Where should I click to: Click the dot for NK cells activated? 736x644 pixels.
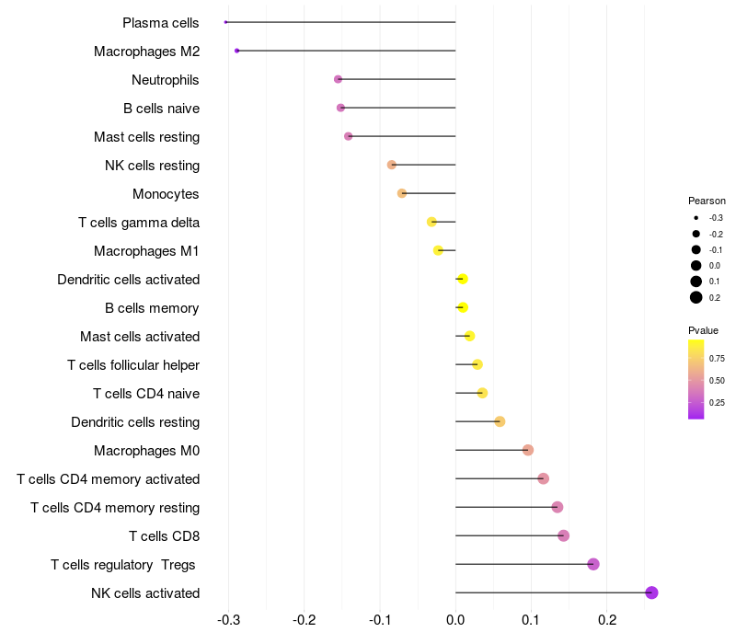651,592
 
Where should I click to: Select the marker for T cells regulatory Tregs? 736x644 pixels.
593,564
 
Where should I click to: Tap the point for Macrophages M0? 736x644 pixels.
528,450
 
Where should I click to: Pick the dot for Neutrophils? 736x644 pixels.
338,79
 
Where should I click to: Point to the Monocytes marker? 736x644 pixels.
402,193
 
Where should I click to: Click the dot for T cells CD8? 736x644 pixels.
564,535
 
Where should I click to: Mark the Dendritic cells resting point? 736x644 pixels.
500,421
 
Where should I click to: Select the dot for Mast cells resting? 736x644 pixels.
348,136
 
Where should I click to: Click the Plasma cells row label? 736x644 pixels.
161,22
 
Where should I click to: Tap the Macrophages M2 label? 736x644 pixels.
146,51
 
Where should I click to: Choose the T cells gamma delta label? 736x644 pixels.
139,222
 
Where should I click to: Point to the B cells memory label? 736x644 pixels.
153,307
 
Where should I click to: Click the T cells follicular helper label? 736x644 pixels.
133,364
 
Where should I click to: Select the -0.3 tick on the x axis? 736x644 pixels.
229,621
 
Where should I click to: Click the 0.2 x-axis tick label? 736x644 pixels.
606,621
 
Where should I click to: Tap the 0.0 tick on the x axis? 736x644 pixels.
455,621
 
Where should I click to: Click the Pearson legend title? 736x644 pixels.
707,201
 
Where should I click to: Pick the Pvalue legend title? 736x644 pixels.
704,330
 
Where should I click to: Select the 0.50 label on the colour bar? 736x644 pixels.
717,380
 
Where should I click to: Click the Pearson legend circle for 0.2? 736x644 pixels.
696,297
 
